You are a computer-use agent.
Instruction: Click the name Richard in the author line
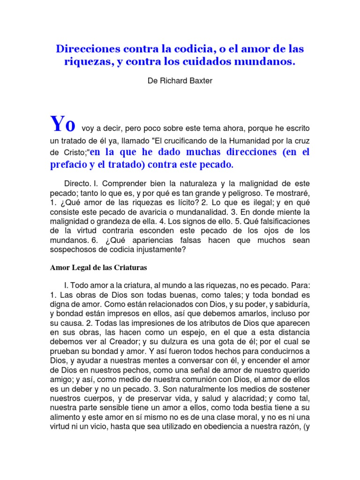click(173, 81)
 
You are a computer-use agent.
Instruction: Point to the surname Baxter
click(201, 81)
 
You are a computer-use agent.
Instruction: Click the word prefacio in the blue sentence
click(69, 165)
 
